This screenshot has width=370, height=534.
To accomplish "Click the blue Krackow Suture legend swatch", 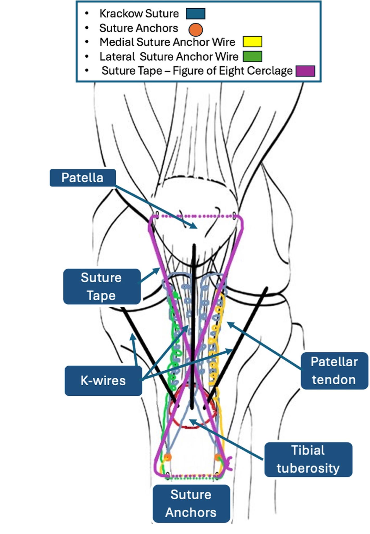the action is coord(196,14).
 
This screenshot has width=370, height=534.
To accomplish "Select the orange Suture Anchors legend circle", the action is coord(196,29).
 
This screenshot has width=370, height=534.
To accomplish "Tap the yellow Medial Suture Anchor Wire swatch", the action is coord(252,42).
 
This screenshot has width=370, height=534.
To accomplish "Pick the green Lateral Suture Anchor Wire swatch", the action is coord(252,56).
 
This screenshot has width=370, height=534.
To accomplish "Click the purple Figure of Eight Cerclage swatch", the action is coord(305,71).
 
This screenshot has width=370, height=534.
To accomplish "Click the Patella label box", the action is coord(83,178).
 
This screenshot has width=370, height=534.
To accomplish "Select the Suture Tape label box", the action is coord(102,286).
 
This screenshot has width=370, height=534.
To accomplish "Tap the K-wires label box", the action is coord(103,380).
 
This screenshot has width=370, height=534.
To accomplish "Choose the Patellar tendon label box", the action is coord(334,371).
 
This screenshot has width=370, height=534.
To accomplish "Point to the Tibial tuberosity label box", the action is coord(308,459).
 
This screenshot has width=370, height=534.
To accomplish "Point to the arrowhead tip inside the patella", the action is coord(197,228).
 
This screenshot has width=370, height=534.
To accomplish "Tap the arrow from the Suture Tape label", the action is coord(150,275).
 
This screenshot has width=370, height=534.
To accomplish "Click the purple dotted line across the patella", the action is coord(196,216).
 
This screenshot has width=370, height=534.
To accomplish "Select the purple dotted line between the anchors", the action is coord(193,476).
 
